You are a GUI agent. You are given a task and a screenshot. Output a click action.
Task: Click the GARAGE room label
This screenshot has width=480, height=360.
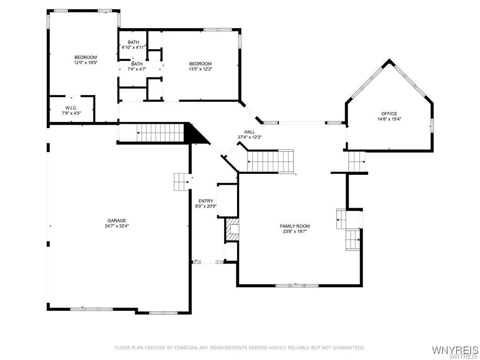[x=117, y=220]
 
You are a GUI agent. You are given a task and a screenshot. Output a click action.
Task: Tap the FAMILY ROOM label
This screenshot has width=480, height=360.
[x=295, y=226]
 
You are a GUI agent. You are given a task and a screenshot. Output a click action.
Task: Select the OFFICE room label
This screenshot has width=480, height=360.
[x=389, y=113]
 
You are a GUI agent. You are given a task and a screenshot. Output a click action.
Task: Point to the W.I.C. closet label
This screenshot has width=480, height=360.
[x=71, y=108]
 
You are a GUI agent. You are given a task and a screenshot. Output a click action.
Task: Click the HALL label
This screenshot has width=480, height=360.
[x=249, y=132]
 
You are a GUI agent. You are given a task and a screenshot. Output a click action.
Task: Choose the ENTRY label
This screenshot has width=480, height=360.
[x=205, y=201]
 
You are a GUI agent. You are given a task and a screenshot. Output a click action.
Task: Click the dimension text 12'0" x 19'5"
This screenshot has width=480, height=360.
[x=85, y=62]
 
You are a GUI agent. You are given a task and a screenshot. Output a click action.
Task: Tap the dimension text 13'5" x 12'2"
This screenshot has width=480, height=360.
[x=200, y=69]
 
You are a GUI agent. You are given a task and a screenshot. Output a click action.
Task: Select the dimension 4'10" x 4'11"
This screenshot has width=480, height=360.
[x=134, y=47]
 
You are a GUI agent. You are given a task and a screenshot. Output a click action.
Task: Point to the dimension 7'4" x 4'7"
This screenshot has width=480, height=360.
[x=137, y=69]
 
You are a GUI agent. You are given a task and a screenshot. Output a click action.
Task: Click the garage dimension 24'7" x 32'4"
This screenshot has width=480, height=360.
[x=117, y=225]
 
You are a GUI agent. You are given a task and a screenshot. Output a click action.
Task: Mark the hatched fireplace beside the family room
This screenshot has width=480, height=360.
[x=232, y=230]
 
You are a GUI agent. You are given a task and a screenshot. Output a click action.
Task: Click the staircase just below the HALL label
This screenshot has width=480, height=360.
[x=270, y=161]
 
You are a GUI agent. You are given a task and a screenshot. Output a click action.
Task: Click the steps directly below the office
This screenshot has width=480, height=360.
[x=356, y=162]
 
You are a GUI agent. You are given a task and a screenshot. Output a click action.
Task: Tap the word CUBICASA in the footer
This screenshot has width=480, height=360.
[x=188, y=348]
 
